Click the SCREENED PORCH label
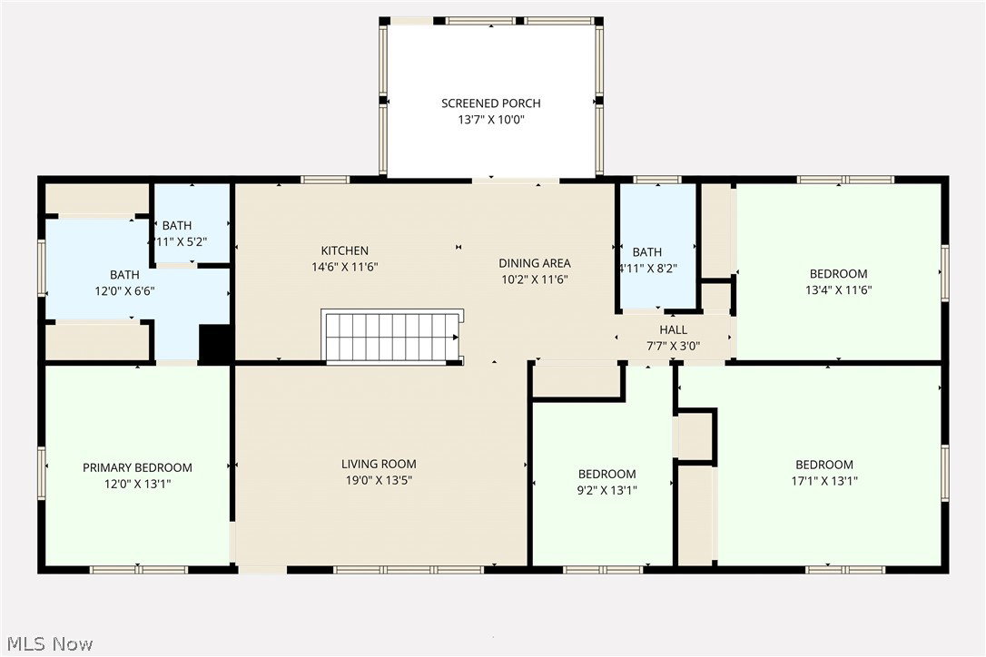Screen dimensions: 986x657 (490, 103)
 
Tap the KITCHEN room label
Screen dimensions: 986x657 (345, 250)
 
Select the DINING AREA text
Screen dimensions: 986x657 (535, 263)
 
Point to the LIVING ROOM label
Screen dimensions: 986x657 (379, 464)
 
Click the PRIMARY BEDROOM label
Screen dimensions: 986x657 (137, 467)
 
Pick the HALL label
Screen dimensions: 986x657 (673, 329)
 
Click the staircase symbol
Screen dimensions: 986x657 (392, 337)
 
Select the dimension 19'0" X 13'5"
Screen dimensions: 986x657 (379, 480)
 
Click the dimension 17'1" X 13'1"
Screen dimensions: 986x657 (823, 481)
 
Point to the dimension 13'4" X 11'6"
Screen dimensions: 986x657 (838, 289)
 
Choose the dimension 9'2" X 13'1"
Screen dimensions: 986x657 (606, 490)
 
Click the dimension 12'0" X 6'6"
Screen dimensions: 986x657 (124, 291)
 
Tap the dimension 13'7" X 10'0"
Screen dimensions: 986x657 (490, 120)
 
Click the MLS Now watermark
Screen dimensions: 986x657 (50, 643)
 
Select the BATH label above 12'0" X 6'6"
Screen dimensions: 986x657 (124, 275)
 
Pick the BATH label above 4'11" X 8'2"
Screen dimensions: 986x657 (647, 252)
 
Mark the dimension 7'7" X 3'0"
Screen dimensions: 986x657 (673, 346)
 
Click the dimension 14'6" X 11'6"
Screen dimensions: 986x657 (345, 267)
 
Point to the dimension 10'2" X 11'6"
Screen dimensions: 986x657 (535, 279)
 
